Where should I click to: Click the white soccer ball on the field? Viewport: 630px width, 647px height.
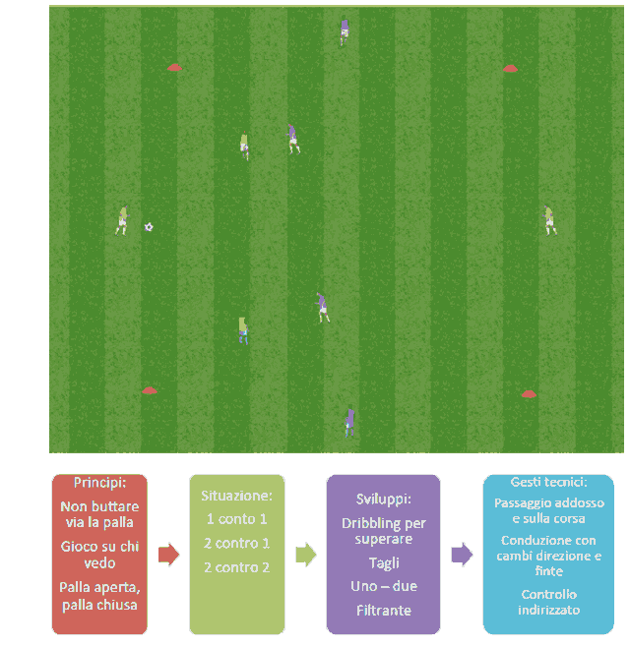149,227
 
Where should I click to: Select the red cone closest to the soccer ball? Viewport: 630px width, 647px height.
174,67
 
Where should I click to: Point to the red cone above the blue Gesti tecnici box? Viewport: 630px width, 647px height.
529,394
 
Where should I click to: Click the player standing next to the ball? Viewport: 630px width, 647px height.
122,221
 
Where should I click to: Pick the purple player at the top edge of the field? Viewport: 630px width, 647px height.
345,30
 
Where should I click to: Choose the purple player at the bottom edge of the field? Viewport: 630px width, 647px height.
349,422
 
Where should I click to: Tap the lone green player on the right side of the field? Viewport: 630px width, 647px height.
549,220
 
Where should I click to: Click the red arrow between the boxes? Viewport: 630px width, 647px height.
168,555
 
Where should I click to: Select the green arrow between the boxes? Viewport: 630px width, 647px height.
306,555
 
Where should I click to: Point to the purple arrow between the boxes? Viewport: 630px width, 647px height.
462,555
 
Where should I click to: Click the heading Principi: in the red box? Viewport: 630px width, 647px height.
99,483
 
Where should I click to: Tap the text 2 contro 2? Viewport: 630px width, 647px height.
236,567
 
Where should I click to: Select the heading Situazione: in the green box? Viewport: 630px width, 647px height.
236,496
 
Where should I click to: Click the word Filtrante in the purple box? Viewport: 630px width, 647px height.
384,611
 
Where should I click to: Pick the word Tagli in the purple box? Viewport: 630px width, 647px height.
384,563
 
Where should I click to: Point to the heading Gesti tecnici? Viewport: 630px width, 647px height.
548,482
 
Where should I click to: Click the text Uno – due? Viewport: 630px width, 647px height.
384,586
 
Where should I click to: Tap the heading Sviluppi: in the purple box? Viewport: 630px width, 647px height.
384,499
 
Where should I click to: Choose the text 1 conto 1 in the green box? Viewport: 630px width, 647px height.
236,518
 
